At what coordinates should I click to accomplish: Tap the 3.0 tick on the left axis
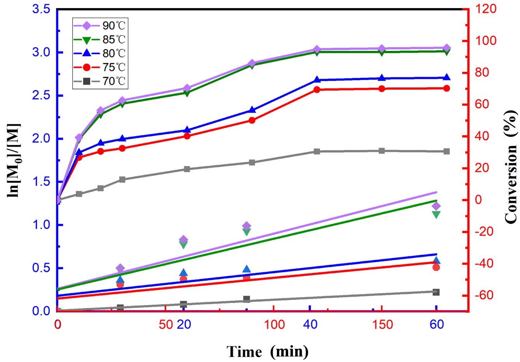coord(42,52)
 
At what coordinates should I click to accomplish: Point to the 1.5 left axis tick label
coord(42,182)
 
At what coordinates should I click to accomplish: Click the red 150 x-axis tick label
coord(383,324)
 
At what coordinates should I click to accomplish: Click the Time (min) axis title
coord(268,352)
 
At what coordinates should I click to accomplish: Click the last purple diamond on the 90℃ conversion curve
coord(446,48)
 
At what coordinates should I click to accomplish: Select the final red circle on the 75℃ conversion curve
coord(446,88)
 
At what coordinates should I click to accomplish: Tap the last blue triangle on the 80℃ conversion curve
coord(446,77)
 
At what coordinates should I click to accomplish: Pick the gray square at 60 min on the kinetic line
coord(436,292)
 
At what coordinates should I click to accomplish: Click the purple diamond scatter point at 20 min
coord(184,240)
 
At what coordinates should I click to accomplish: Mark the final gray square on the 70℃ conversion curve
coord(446,151)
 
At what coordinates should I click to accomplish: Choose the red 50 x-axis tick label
coord(166,324)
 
